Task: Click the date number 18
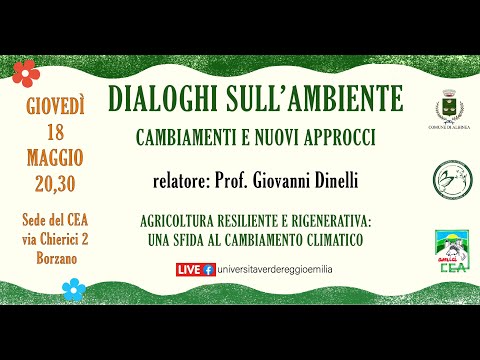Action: click(57, 132)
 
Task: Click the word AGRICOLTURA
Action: click(179, 225)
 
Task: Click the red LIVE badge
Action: click(189, 270)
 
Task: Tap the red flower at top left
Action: click(23, 72)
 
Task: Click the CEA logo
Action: click(447, 250)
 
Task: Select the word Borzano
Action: click(57, 257)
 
